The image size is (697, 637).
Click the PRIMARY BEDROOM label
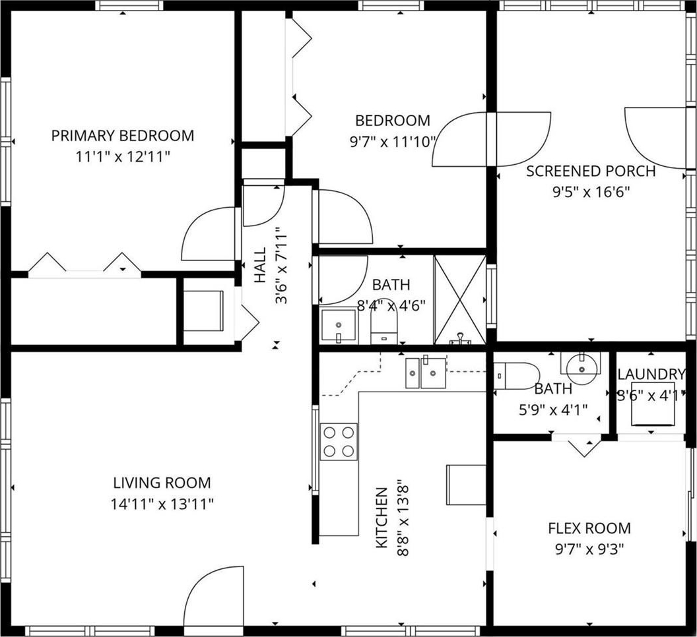tap(123, 135)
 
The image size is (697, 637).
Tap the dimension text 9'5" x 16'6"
tap(591, 192)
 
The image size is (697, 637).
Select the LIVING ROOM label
tap(162, 483)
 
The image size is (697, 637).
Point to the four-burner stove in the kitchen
tap(339, 442)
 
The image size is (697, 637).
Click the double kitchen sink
tap(426, 372)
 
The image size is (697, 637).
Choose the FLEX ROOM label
tap(589, 528)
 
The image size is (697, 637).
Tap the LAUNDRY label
tap(651, 375)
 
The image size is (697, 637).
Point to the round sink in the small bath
tap(581, 369)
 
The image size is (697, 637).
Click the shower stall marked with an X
tap(460, 299)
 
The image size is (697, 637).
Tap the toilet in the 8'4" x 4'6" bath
tap(384, 320)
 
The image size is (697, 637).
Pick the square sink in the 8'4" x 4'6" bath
tap(339, 326)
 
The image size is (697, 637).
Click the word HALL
tap(259, 264)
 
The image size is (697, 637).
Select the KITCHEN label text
tap(382, 518)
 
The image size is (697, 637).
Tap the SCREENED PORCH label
tap(591, 171)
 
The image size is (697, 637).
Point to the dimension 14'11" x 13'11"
tap(162, 504)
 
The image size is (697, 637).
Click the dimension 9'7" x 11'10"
tap(392, 142)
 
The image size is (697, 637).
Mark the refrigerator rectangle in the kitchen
tap(466, 485)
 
